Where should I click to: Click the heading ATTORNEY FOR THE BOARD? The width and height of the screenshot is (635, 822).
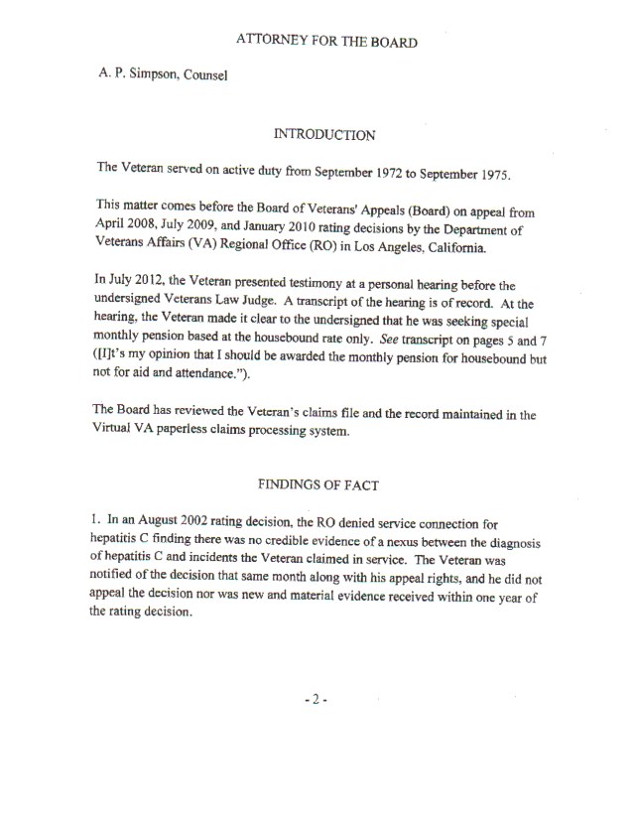[x=326, y=41]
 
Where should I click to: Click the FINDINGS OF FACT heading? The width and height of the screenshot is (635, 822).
[x=326, y=484]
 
